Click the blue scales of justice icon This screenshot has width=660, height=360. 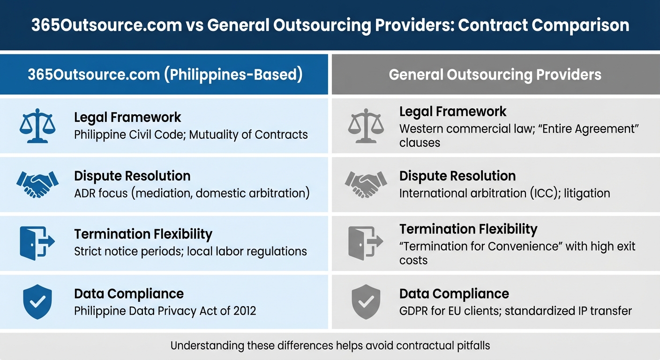[37, 125]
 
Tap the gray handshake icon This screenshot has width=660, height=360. [366, 184]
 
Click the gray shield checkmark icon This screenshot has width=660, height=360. [366, 302]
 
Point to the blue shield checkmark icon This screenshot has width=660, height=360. [37, 302]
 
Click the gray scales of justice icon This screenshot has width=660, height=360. [366, 125]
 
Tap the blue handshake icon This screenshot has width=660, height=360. [37, 184]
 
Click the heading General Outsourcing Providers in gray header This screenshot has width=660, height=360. [495, 75]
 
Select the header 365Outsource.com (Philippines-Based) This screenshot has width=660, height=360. [165, 75]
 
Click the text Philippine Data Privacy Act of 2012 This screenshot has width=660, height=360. [165, 311]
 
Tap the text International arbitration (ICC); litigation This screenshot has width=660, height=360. [504, 193]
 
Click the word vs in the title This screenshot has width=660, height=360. [195, 25]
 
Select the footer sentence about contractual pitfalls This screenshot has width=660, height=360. [330, 346]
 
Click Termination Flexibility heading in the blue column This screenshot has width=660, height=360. [143, 234]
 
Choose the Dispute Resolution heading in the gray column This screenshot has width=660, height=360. [457, 176]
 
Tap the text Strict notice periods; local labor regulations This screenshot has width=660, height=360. [190, 251]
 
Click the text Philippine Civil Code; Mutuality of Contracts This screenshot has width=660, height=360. [191, 135]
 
